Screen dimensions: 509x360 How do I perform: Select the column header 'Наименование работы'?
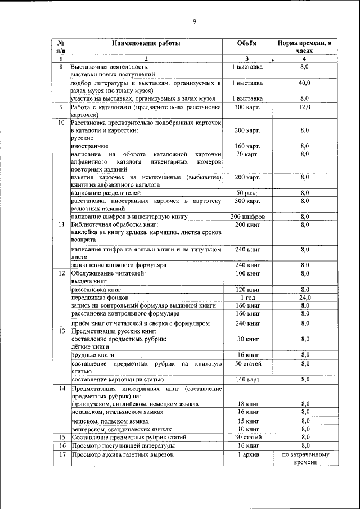(x=146, y=43)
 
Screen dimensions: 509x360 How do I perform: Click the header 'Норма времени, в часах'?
(x=304, y=47)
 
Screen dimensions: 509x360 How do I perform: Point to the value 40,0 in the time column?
(x=304, y=83)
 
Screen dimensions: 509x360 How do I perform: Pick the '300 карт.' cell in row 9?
(x=247, y=107)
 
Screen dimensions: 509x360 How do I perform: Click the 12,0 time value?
(x=304, y=107)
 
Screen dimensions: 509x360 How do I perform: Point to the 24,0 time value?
(x=304, y=297)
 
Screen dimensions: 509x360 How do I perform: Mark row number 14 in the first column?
(x=61, y=389)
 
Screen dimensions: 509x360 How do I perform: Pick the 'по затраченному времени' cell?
(x=304, y=458)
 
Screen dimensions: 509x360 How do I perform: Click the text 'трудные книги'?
(x=93, y=355)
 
